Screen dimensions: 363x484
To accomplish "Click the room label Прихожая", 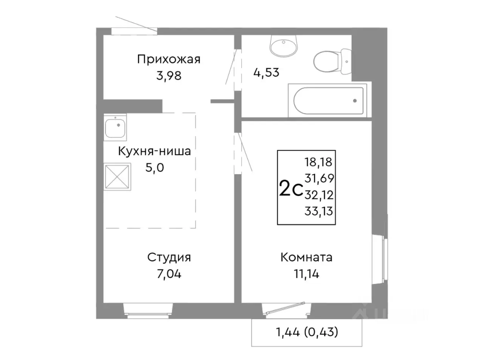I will (169, 59).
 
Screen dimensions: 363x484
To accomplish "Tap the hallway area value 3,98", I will (169, 76).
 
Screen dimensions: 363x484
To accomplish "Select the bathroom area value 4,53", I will (266, 72).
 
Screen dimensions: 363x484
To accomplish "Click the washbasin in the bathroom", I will (284, 46).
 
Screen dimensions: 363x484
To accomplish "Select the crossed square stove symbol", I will (117, 176).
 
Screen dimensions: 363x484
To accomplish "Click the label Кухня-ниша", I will (154, 151).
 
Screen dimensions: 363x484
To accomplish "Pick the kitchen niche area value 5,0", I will (155, 168).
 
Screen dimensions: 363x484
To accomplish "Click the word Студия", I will (169, 258).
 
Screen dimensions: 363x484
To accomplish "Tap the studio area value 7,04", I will (169, 274).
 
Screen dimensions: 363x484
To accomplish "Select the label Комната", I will (306, 258).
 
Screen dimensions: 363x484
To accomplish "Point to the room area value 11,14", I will (306, 274).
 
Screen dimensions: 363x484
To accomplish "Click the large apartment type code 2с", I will (290, 189).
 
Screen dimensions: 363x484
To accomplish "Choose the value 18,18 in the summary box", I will (318, 162).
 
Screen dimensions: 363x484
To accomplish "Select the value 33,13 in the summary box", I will (318, 211).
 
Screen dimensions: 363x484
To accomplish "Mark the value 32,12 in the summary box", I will (318, 195).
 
